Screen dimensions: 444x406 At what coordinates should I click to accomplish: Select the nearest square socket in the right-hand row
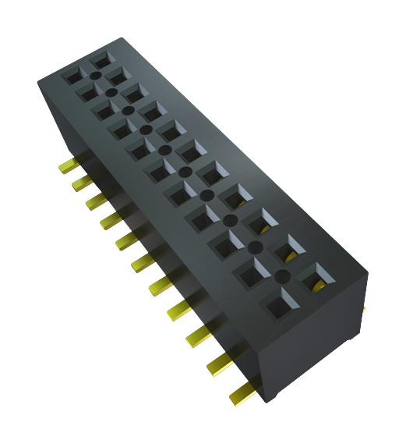click(x=314, y=275)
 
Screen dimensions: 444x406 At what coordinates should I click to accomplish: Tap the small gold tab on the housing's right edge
click(x=364, y=311)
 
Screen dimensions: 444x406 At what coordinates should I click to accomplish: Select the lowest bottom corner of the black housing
click(x=269, y=402)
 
